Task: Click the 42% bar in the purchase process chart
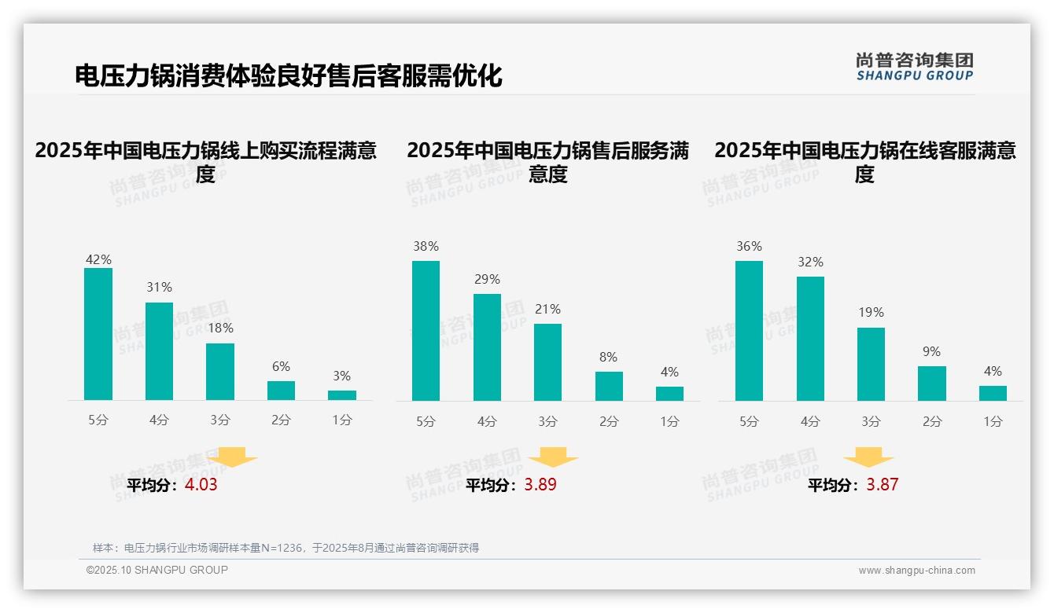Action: click(x=98, y=334)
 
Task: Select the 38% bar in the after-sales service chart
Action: click(x=426, y=331)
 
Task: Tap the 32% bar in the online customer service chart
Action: click(x=810, y=339)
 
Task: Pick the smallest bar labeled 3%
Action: click(x=342, y=395)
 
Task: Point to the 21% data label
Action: click(x=547, y=310)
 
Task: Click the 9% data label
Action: click(x=931, y=352)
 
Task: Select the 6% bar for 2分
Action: click(x=281, y=391)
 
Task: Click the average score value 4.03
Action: click(x=201, y=485)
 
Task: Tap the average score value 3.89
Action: click(x=540, y=485)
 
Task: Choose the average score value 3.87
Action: click(x=882, y=485)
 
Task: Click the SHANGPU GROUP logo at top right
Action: click(x=914, y=67)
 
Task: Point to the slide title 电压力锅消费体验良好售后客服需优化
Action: click(x=288, y=76)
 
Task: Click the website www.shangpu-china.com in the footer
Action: click(x=916, y=571)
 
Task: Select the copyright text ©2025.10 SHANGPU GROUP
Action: click(x=157, y=570)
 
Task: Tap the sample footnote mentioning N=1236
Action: click(x=286, y=548)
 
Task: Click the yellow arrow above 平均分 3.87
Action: click(x=868, y=457)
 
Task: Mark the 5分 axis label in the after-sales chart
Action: click(x=426, y=422)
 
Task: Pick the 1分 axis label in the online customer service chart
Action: click(x=993, y=422)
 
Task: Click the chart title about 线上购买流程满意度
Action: click(x=206, y=161)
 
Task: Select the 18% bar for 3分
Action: click(x=220, y=372)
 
